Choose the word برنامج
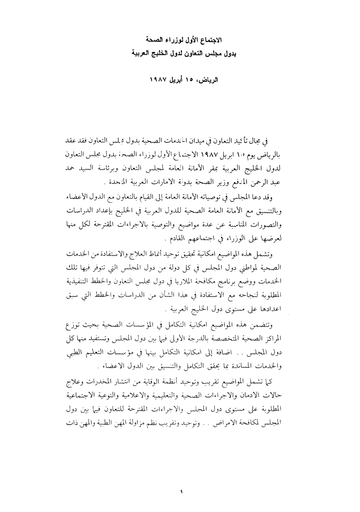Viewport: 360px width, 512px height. pos(236,275)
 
